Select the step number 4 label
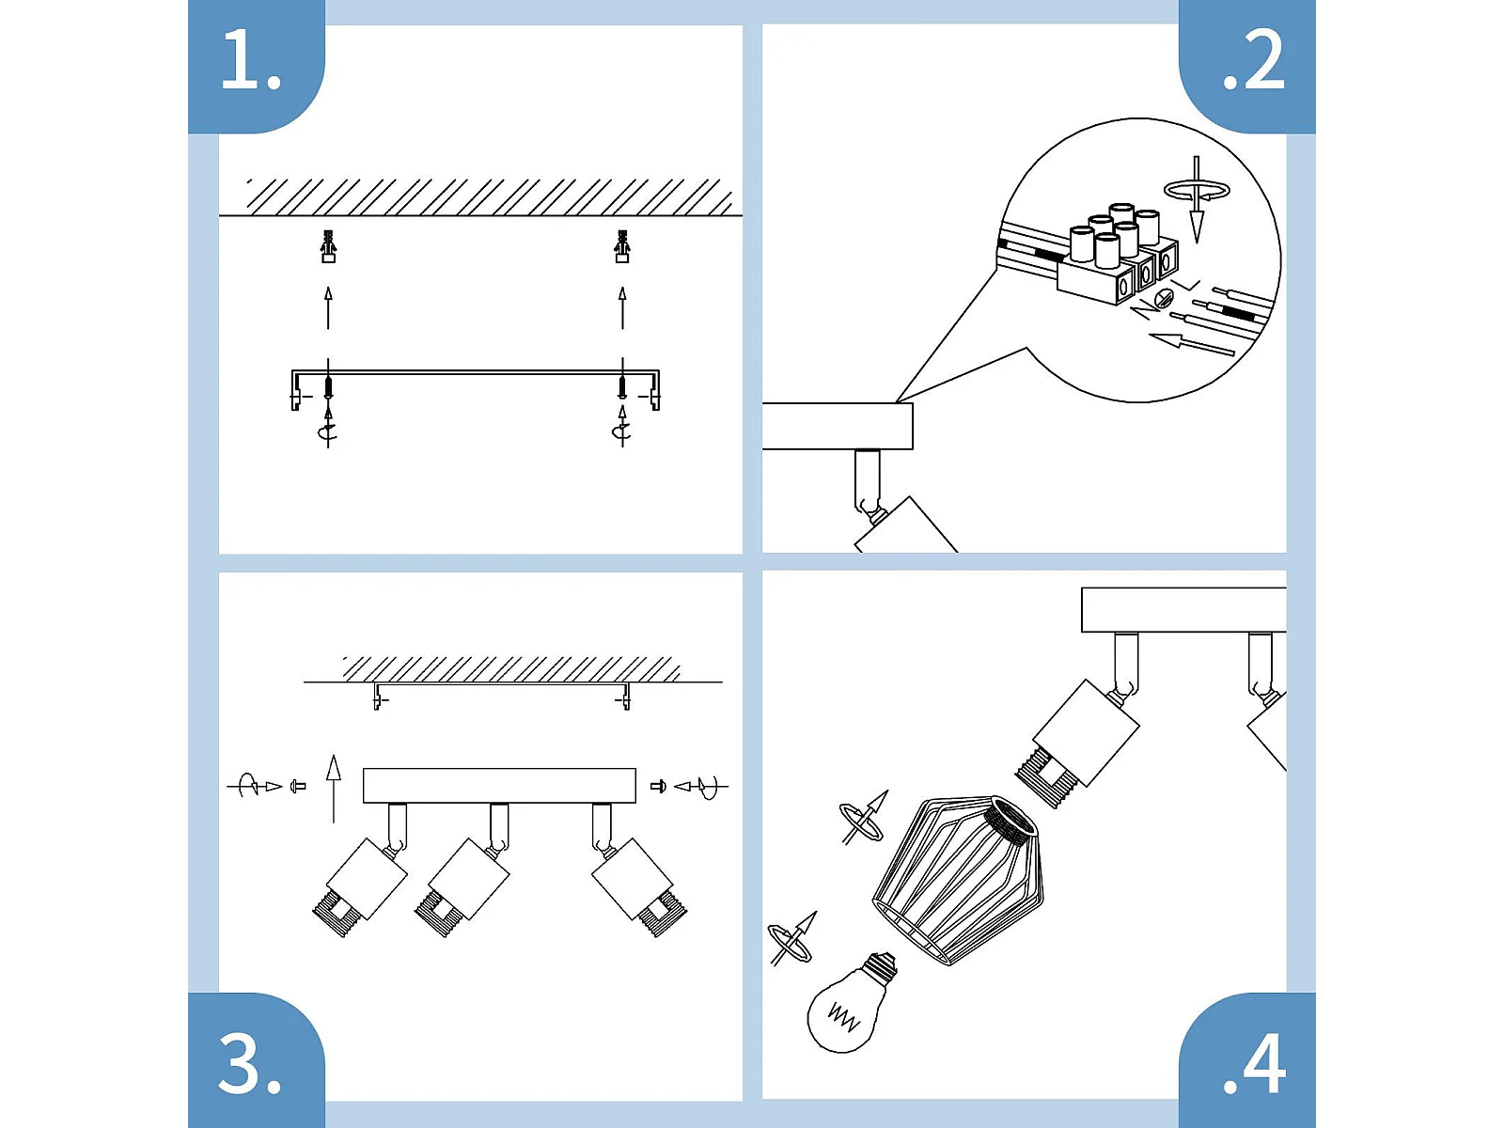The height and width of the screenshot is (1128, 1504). [1254, 1064]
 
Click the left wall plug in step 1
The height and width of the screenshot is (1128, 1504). [328, 246]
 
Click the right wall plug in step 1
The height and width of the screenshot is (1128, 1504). [621, 246]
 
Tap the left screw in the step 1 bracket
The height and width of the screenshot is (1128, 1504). [328, 386]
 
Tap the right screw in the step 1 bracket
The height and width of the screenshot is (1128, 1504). [622, 386]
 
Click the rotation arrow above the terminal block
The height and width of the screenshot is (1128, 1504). [1197, 190]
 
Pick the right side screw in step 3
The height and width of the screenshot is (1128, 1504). [658, 786]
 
